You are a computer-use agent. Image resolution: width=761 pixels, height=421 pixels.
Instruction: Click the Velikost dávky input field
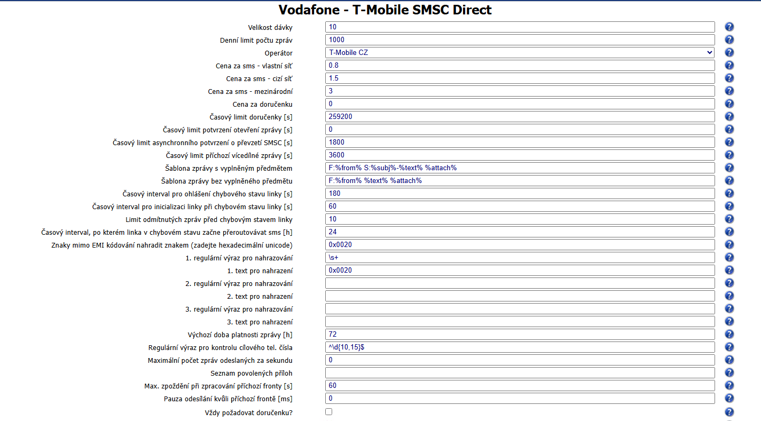coord(520,27)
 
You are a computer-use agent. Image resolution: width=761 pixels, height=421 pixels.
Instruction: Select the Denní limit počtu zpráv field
coord(520,39)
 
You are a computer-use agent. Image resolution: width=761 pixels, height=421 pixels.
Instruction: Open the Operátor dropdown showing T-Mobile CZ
coord(520,52)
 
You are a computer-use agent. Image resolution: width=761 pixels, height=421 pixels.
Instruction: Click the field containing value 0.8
coord(520,65)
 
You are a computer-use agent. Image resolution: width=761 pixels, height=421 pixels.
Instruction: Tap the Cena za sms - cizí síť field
coord(520,78)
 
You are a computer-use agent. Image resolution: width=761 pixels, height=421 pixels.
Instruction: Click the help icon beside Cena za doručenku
coord(729,104)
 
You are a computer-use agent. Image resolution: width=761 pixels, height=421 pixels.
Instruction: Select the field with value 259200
coord(520,116)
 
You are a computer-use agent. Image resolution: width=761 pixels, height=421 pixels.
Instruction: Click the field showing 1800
coord(520,142)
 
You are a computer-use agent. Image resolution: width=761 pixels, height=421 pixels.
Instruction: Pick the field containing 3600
coord(520,155)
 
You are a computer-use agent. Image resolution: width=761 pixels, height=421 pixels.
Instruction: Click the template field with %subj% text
coord(520,168)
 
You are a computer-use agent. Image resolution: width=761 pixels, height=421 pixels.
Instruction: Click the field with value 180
coord(520,193)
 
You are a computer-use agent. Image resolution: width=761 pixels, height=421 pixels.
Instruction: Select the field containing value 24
coord(520,232)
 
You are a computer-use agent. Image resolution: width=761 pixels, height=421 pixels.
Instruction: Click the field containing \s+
coord(520,257)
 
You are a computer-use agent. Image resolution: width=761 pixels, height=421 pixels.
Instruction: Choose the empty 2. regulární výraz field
coord(520,283)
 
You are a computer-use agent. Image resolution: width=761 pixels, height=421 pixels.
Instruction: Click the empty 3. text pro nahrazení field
coord(520,321)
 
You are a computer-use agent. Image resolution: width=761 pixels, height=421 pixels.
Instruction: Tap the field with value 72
coord(520,334)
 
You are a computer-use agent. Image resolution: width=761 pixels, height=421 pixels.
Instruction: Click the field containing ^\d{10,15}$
coord(520,347)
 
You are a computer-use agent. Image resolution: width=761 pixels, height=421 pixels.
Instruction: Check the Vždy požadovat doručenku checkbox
coord(328,411)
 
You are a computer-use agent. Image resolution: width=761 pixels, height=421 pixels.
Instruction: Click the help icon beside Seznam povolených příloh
coord(729,372)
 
